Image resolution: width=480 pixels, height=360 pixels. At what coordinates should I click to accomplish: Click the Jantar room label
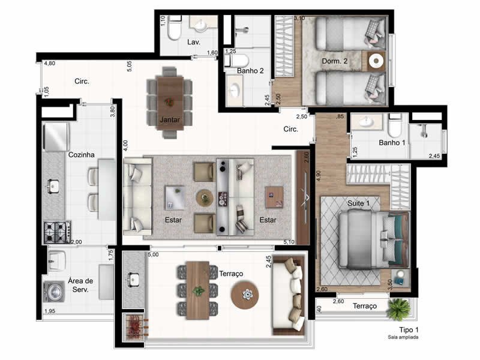(170, 119)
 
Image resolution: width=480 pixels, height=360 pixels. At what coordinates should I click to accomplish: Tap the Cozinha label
(81, 155)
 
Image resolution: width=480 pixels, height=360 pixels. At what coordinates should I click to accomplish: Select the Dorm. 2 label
(335, 61)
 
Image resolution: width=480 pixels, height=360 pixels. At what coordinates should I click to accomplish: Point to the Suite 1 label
(358, 203)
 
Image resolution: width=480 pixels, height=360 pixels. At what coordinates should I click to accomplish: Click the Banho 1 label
(392, 142)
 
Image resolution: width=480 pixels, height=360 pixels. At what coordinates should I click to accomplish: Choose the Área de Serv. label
(80, 285)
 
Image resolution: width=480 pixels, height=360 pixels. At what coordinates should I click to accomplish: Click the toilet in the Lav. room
(174, 29)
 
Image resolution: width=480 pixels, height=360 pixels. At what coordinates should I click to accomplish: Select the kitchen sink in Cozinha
(53, 186)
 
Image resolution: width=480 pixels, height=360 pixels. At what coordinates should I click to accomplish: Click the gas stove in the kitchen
(57, 232)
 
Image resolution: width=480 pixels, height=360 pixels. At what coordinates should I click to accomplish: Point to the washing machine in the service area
(54, 291)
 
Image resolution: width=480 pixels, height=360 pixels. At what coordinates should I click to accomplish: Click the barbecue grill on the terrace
(134, 326)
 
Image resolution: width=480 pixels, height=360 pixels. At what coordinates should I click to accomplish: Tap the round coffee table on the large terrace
(245, 295)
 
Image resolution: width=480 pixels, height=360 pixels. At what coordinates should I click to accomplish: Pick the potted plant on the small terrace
(398, 309)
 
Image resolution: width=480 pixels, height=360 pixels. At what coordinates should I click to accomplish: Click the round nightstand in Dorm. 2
(376, 61)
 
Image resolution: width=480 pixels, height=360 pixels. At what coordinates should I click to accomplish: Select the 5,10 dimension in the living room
(289, 242)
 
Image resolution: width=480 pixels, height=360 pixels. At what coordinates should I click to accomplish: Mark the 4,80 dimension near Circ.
(50, 64)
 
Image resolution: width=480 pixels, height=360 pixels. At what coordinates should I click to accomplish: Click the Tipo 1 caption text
(409, 329)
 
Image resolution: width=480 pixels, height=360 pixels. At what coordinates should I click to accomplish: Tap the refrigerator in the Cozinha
(56, 137)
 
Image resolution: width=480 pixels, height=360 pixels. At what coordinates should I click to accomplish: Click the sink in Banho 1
(367, 122)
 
